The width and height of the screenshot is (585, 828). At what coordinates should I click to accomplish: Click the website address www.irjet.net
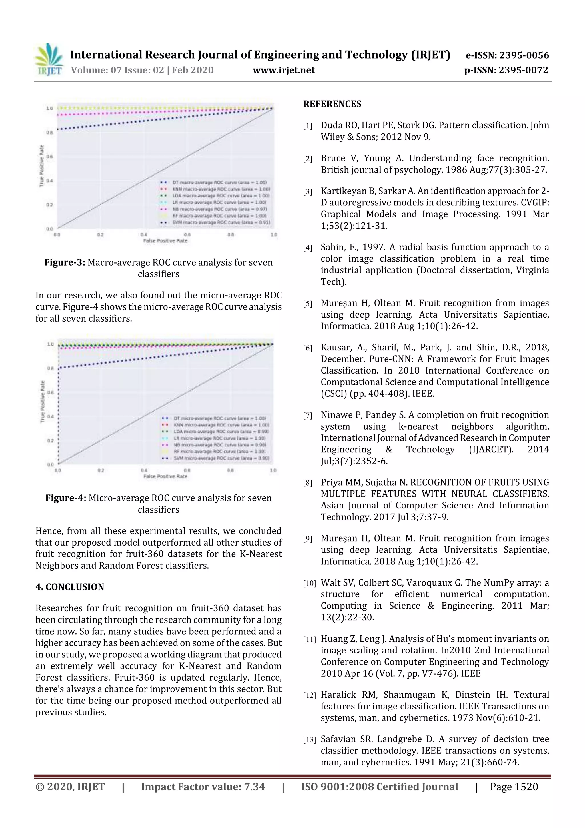pos(284,70)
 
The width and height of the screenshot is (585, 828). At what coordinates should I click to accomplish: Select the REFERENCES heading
pos(332,104)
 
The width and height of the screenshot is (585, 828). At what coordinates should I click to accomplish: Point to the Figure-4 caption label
pos(66,498)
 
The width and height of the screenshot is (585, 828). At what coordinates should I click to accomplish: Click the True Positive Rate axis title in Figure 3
pos(42,166)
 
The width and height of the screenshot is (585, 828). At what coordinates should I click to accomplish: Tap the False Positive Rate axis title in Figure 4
pos(165,476)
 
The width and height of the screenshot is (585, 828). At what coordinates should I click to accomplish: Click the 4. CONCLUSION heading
pos(70,587)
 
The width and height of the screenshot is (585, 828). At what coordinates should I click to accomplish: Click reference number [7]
pos(307,416)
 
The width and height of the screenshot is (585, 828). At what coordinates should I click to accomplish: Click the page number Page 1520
pos(514,787)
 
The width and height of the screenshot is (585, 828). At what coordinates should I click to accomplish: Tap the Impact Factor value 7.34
pos(254,787)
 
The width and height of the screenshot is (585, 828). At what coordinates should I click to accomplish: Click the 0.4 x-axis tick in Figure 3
pos(143,235)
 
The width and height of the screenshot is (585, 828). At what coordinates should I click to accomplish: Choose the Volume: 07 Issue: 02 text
pos(117,70)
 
